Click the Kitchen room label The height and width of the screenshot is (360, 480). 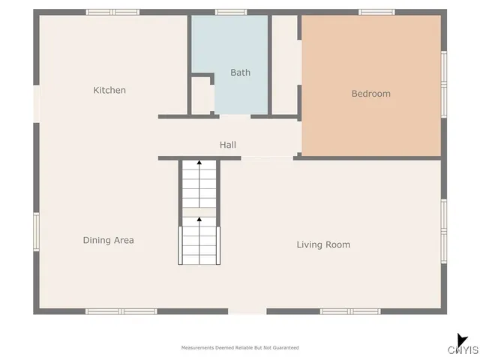pyautogui.click(x=109, y=91)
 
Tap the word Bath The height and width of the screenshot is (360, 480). pyautogui.click(x=240, y=73)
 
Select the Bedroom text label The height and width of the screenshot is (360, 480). pyautogui.click(x=370, y=94)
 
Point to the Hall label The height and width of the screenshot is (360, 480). pyautogui.click(x=228, y=145)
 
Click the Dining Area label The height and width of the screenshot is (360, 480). pyautogui.click(x=108, y=241)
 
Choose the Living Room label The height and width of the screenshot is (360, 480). pyautogui.click(x=322, y=244)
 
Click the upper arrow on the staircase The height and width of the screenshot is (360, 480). pyautogui.click(x=199, y=162)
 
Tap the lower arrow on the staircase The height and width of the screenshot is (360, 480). pyautogui.click(x=199, y=220)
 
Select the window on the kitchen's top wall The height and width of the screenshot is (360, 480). pyautogui.click(x=112, y=12)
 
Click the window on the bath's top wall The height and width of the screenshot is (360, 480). pyautogui.click(x=231, y=12)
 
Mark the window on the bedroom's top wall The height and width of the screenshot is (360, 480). pyautogui.click(x=376, y=12)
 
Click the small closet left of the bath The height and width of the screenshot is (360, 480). pyautogui.click(x=201, y=95)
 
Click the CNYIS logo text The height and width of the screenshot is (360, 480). pyautogui.click(x=463, y=349)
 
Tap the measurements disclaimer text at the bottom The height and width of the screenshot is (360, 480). pyautogui.click(x=240, y=348)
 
